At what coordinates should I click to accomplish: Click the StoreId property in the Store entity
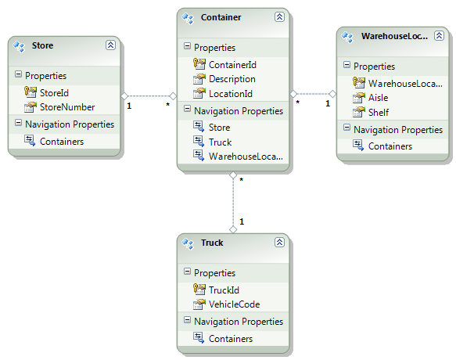[54, 93]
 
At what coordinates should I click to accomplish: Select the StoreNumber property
[67, 107]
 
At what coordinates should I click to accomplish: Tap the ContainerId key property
[232, 65]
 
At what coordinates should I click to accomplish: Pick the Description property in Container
[232, 79]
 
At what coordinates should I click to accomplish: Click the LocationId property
[231, 94]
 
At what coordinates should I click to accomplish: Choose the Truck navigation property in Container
[220, 142]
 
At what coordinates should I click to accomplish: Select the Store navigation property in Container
[219, 128]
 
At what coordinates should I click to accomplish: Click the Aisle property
[378, 98]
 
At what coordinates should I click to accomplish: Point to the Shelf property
[379, 113]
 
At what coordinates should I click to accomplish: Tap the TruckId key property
[224, 290]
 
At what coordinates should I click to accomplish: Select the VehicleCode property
[234, 304]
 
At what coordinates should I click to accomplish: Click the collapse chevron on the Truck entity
[279, 242]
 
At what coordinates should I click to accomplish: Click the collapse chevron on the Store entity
[110, 45]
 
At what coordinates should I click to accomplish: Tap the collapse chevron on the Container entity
[279, 17]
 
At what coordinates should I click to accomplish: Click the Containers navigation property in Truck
[231, 339]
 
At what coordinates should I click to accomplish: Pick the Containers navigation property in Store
[62, 142]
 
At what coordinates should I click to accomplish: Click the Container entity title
[221, 17]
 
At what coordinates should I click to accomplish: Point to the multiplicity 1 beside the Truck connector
[242, 221]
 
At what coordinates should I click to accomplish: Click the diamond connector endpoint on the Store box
[124, 95]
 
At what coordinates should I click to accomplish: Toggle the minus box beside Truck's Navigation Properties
[187, 320]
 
